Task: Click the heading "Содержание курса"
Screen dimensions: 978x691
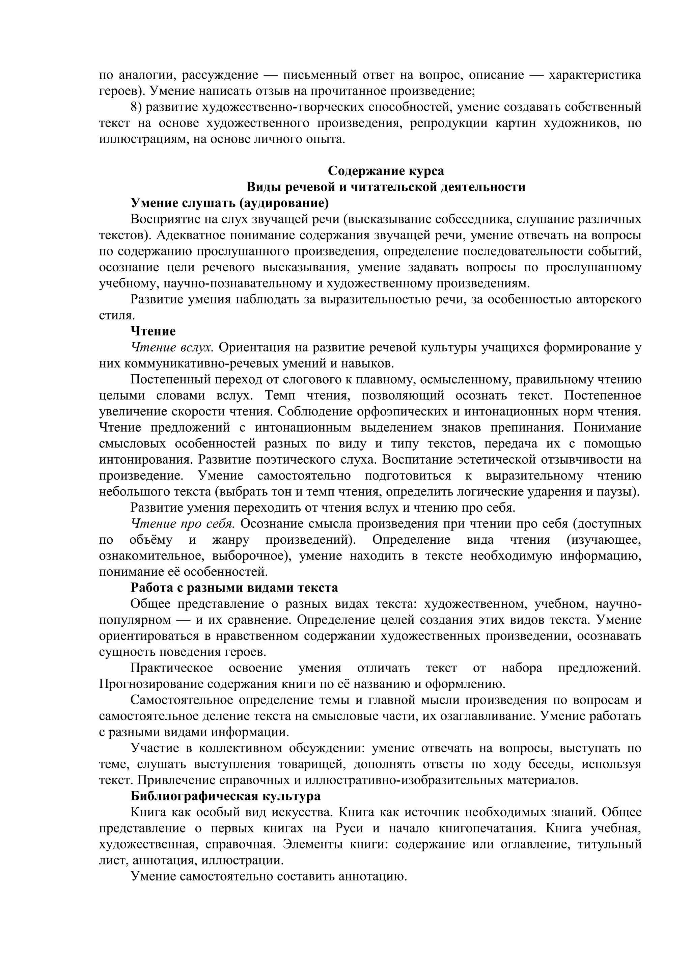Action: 386,171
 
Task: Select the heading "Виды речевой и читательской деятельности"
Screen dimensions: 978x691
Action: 386,187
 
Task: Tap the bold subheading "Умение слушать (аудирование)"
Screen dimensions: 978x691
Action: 229,203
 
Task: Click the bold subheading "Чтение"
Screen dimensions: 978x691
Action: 153,331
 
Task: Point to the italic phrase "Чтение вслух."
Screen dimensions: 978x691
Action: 172,347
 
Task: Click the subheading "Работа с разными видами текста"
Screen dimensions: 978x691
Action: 234,588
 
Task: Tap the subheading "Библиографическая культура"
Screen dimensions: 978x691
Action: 225,796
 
